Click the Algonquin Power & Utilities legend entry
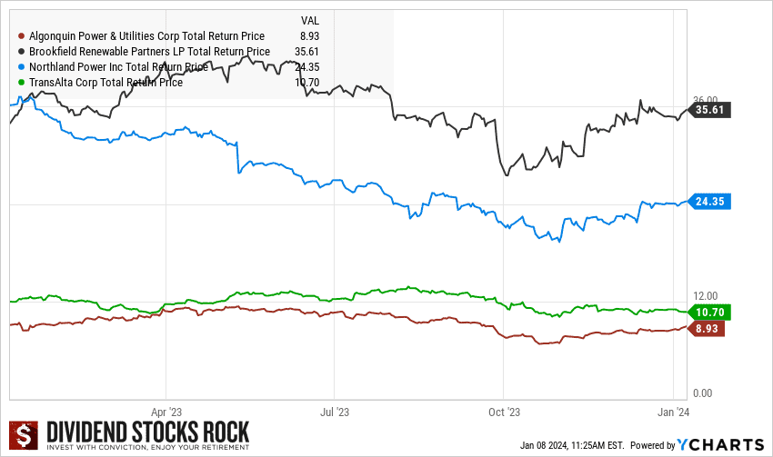146,36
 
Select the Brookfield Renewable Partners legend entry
149,52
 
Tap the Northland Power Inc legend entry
118,66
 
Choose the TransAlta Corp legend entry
105,82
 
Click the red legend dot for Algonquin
21,36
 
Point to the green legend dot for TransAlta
21,82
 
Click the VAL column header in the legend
309,20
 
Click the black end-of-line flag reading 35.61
711,110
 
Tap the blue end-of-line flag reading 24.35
711,202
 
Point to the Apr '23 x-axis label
166,411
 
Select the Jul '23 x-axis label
335,411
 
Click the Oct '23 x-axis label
503,411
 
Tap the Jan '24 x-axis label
672,411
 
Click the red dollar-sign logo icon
25,436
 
